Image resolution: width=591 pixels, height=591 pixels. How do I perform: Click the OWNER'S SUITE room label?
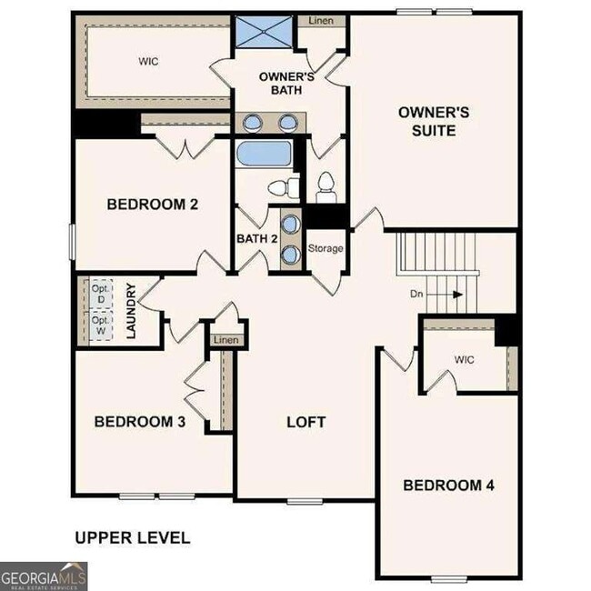[x=434, y=121]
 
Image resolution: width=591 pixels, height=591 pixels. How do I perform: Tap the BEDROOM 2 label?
[x=153, y=204]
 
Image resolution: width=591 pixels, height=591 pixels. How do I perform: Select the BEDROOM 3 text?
[x=140, y=421]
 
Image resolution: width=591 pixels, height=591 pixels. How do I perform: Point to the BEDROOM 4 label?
[x=448, y=485]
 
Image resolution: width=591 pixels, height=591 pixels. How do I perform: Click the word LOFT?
[x=306, y=422]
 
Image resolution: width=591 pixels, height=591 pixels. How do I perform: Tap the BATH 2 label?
[x=256, y=239]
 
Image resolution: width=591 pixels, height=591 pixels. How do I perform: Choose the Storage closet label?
[x=326, y=248]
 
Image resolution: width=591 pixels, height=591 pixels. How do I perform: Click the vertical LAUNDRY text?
[x=132, y=310]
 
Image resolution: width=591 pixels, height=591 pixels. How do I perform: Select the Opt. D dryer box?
[x=100, y=294]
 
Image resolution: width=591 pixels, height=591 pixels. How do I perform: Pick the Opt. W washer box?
[x=100, y=325]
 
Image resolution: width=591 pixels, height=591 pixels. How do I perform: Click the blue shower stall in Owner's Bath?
[x=262, y=34]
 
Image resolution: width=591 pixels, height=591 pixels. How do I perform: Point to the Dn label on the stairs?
[x=416, y=294]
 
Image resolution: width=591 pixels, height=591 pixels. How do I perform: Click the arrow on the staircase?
[x=452, y=295]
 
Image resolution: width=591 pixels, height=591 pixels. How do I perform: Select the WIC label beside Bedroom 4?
[x=465, y=359]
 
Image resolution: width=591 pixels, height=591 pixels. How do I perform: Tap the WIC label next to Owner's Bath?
[x=149, y=62]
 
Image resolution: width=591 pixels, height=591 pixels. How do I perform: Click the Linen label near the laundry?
[x=225, y=339]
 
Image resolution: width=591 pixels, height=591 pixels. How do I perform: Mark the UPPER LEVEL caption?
[x=132, y=537]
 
